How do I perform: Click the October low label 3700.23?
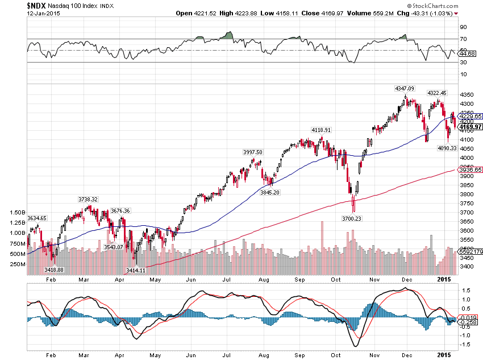coord(352,218)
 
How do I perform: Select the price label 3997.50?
coord(252,152)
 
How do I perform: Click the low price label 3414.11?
coord(135,270)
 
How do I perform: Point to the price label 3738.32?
coord(88,199)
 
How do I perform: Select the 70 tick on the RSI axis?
coord(464,39)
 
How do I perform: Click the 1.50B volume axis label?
coord(18,212)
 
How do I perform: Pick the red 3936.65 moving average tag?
coord(470,169)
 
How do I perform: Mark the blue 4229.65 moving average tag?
coord(470,116)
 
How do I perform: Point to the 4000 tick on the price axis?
coord(467,158)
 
